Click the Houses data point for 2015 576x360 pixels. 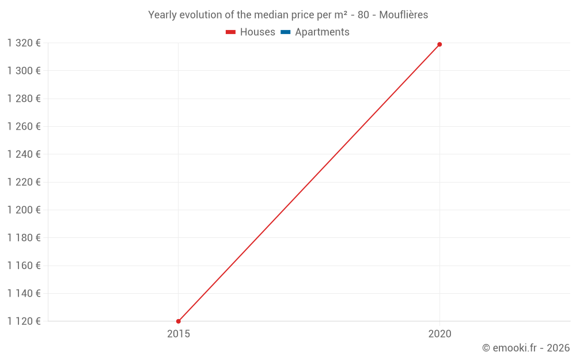click(179, 321)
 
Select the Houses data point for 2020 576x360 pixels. click(439, 44)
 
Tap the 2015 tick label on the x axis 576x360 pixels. click(179, 334)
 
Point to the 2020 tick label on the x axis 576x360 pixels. click(440, 334)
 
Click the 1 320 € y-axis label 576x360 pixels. click(24, 43)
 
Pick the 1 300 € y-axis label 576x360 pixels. click(24, 71)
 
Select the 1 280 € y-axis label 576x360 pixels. click(24, 98)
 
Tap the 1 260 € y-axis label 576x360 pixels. click(24, 126)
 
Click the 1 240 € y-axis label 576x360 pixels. click(24, 154)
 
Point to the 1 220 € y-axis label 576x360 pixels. click(24, 182)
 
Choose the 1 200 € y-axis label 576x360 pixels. click(24, 210)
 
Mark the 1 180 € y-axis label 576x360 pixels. click(24, 238)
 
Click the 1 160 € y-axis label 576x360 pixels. click(24, 266)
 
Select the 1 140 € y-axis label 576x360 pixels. click(24, 293)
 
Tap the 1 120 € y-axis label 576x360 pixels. click(24, 321)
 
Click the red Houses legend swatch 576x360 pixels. click(230, 32)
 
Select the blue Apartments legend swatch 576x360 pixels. click(285, 32)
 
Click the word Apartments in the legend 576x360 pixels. click(322, 32)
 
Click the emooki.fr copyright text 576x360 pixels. click(526, 348)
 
